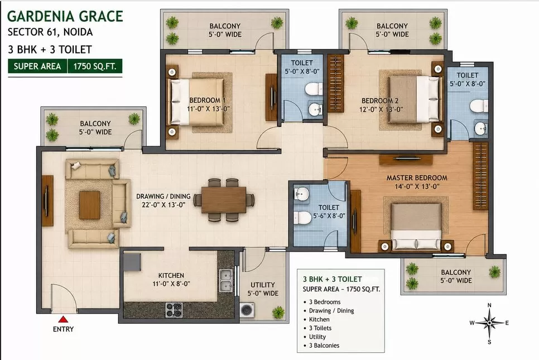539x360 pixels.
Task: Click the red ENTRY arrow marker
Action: coord(63,319)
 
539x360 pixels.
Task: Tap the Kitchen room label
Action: coord(171,275)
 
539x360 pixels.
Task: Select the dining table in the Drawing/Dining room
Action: coord(224,200)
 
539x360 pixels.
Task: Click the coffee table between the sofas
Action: coord(90,205)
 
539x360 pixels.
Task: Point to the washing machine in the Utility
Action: coord(247,310)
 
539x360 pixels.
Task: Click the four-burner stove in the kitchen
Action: coord(174,309)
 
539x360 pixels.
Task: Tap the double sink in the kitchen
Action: coord(225,281)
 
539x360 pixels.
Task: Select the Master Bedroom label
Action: coord(417,177)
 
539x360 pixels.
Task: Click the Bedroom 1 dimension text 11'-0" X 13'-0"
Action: coord(208,109)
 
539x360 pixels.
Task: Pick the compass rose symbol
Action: coord(489,323)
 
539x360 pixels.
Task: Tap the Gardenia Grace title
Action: coord(65,16)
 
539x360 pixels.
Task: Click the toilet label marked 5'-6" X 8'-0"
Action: coord(329,216)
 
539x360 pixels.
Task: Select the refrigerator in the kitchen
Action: coord(132,262)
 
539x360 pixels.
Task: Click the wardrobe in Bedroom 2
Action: coord(335,83)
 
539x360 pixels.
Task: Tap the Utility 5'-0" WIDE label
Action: coord(263,289)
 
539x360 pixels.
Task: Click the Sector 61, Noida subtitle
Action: coord(50,32)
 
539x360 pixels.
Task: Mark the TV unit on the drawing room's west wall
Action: coord(48,201)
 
